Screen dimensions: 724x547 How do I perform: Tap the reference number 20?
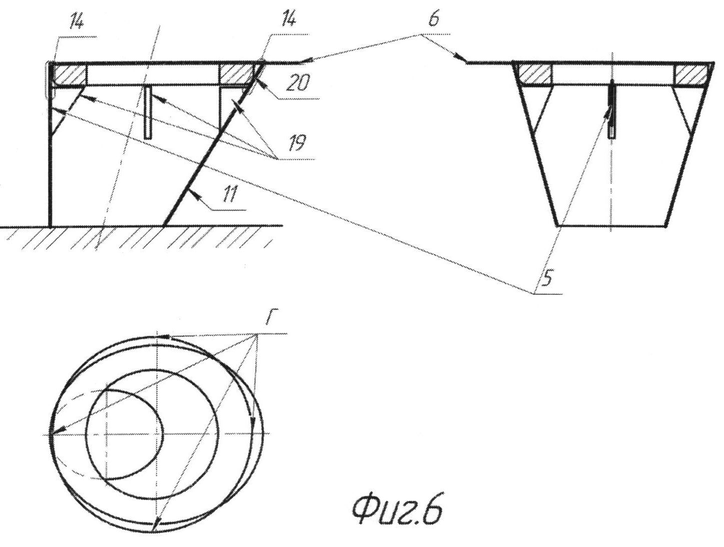tap(298, 83)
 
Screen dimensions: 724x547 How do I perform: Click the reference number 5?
tap(547, 279)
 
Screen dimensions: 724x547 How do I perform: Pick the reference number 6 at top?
tap(434, 20)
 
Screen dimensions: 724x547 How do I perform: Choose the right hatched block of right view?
tap(690, 74)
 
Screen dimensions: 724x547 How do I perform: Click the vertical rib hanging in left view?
tap(149, 113)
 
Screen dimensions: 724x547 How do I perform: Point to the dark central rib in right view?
tap(611, 109)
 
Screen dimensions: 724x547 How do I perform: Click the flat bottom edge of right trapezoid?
tap(611, 226)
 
